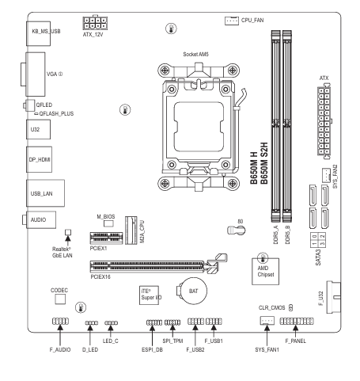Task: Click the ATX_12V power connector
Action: (95, 23)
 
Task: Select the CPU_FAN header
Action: (232, 21)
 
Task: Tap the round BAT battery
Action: (192, 291)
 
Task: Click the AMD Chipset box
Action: (265, 272)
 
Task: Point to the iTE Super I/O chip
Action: (149, 295)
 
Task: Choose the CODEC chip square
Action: (60, 299)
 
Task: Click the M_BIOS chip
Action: (108, 223)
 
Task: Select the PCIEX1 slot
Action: (107, 238)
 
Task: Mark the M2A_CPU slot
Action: (131, 231)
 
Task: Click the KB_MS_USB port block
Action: (38, 33)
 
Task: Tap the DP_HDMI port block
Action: (39, 159)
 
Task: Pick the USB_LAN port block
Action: (45, 193)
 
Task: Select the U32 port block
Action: (38, 129)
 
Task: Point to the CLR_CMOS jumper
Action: (291, 307)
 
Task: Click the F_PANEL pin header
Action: (297, 322)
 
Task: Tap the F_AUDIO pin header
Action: (60, 322)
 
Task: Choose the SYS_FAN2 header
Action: (327, 175)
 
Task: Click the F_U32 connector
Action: (334, 297)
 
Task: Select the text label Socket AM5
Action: (195, 55)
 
